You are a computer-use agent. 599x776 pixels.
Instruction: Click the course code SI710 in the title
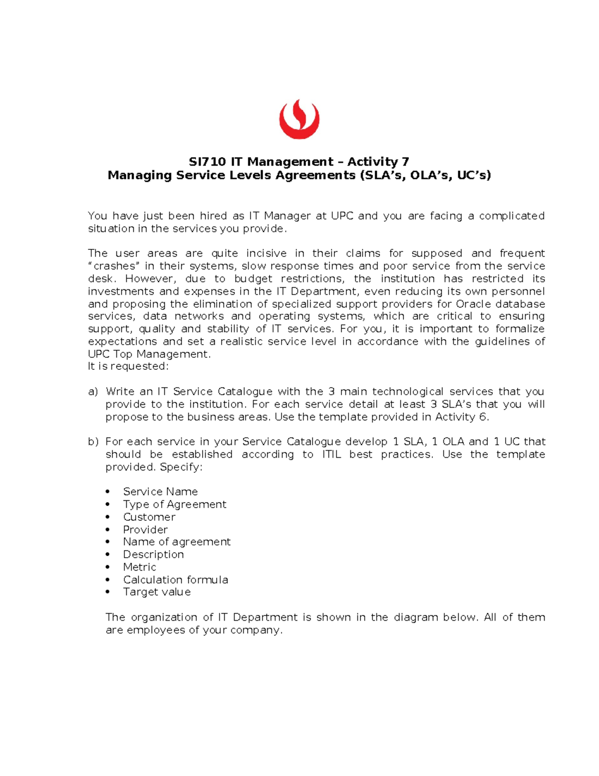pyautogui.click(x=207, y=162)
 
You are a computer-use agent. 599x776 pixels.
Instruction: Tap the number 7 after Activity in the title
pyautogui.click(x=405, y=162)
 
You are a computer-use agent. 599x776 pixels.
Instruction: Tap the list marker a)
pyautogui.click(x=93, y=392)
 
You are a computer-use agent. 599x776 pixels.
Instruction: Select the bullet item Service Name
pyautogui.click(x=160, y=492)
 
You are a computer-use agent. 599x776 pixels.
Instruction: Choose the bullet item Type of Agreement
pyautogui.click(x=175, y=504)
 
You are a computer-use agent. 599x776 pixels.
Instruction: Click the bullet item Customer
pyautogui.click(x=149, y=517)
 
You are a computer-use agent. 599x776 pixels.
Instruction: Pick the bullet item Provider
pyautogui.click(x=145, y=530)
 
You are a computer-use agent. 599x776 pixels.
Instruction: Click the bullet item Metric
pyautogui.click(x=139, y=567)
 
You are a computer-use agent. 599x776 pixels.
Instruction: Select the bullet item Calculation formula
pyautogui.click(x=175, y=580)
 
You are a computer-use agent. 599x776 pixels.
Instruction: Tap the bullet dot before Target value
pyautogui.click(x=107, y=592)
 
